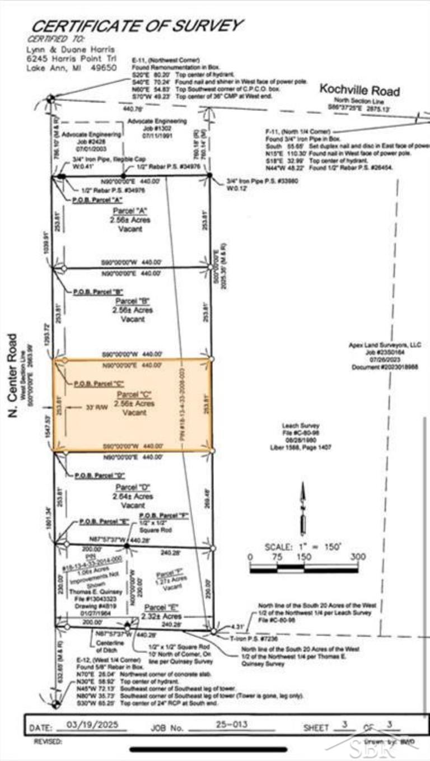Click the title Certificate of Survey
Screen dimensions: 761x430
coord(137,26)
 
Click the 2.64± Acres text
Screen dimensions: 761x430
coord(132,496)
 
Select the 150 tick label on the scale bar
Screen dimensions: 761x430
coord(303,557)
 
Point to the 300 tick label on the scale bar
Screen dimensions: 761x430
coord(357,557)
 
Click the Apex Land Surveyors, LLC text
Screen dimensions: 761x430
coord(384,346)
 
